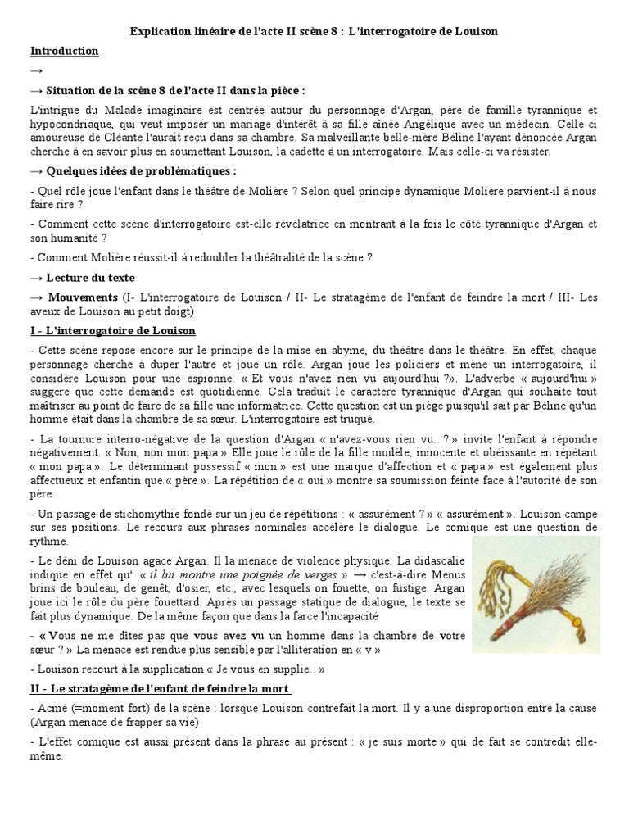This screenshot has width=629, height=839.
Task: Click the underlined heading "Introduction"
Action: pos(64,51)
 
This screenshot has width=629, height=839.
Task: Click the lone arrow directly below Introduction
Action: pos(37,70)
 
